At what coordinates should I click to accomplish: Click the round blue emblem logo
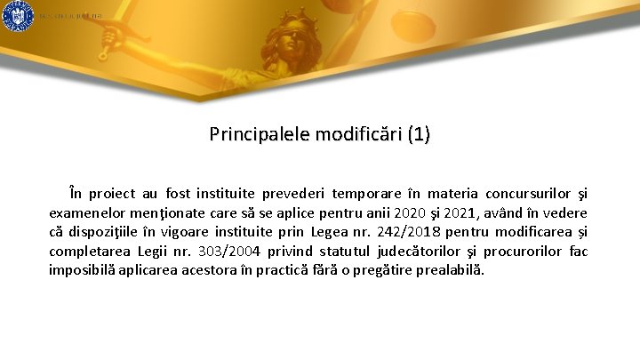(x=17, y=16)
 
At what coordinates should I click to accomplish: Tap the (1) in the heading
(x=418, y=135)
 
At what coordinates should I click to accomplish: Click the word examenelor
(x=88, y=212)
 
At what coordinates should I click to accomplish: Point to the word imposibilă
(x=80, y=270)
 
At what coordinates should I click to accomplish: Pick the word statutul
(x=352, y=252)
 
